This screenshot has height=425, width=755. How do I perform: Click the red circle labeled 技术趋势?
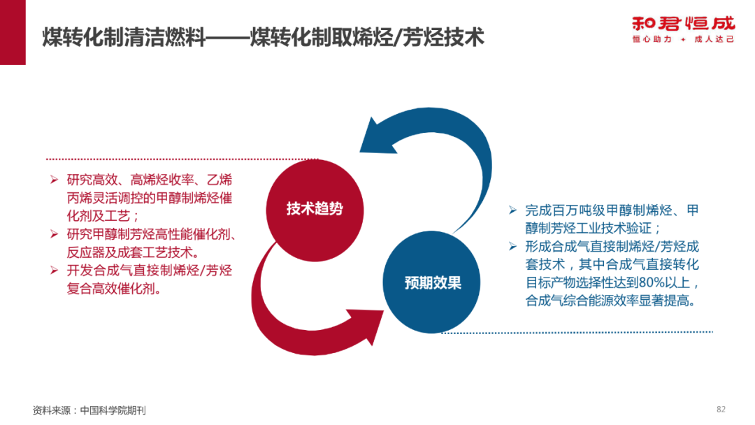314,209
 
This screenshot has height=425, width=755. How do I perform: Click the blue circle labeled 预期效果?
432,283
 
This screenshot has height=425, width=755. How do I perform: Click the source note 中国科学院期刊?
113,410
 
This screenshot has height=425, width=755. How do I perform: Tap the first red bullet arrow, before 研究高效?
53,180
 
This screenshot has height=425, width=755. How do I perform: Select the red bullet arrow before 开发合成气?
53,270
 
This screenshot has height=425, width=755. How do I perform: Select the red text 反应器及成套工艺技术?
132,252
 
